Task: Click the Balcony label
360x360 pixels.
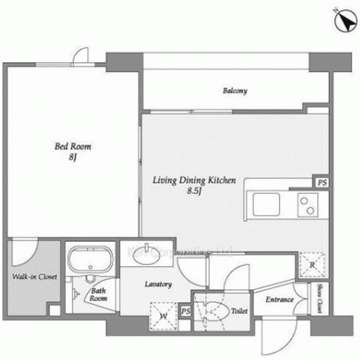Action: [x=235, y=91]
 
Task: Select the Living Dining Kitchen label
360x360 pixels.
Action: [x=194, y=182]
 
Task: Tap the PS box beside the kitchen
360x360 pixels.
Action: [x=322, y=183]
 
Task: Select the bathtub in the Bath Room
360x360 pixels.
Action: [x=89, y=260]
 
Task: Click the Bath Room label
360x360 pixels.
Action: [x=99, y=296]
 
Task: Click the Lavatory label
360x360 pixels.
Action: [x=158, y=284]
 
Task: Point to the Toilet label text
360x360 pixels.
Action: [x=240, y=311]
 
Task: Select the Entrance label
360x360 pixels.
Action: [x=279, y=300]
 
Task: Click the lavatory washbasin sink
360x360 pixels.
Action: [x=147, y=250]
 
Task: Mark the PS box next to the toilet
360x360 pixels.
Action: [x=186, y=311]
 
